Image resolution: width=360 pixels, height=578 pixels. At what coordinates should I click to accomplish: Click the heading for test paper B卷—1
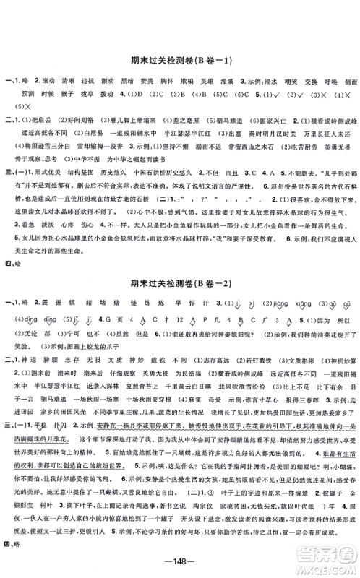coord(180,63)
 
